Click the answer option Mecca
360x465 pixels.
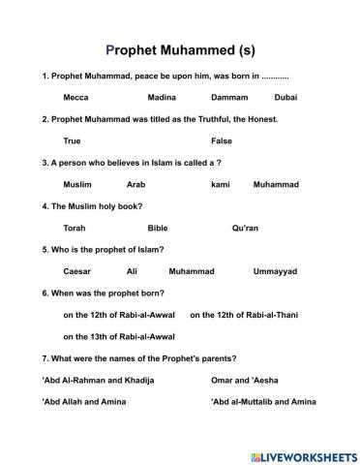point(75,98)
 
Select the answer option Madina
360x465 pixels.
point(162,98)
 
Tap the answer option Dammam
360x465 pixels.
point(228,98)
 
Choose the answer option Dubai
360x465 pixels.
point(285,98)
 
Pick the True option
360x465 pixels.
point(72,140)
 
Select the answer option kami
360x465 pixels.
point(220,184)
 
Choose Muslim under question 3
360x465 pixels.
point(77,184)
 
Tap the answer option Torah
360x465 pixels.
point(75,228)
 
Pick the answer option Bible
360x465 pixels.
point(157,228)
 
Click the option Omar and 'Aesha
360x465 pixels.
point(250,380)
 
